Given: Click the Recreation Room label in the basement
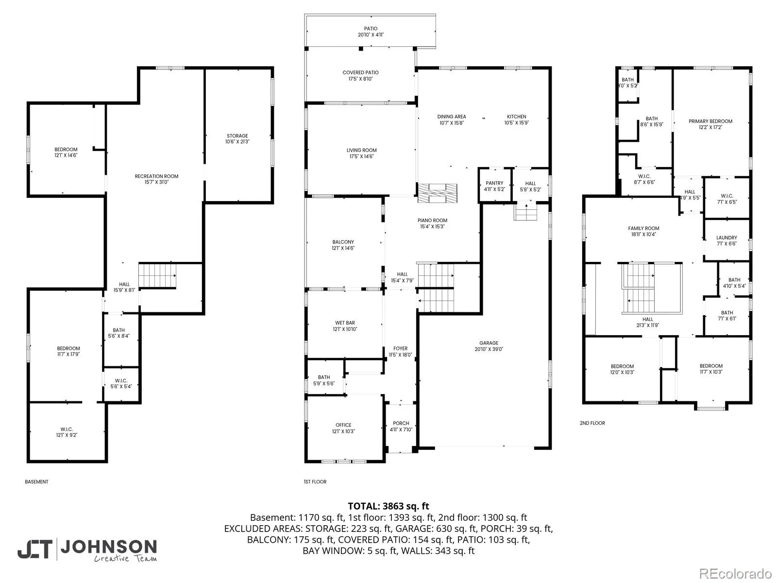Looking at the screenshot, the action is [156, 179].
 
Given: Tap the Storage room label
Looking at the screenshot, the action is [237, 138].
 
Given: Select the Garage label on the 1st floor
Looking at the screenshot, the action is [489, 346].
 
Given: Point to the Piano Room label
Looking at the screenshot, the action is [432, 223].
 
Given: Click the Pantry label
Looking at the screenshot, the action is [494, 186].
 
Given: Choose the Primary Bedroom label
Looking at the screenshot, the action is [710, 124].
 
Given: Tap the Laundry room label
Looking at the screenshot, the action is [726, 240].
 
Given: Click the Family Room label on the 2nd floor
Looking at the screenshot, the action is [643, 231].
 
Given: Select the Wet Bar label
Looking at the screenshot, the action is [345, 326].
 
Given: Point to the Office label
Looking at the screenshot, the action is [343, 428].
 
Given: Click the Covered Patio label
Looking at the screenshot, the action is [360, 75].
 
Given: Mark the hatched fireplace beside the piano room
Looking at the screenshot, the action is [437, 193].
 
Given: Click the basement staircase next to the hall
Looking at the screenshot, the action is [157, 276].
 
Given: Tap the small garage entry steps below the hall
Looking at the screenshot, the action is [525, 212].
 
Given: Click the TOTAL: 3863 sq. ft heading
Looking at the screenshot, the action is [388, 506].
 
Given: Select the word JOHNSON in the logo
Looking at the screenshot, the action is [109, 547].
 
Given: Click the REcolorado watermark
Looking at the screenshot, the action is [735, 573].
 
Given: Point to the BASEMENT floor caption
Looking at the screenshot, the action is [36, 482].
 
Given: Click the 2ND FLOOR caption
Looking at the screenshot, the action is [592, 423].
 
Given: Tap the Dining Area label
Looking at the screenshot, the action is [451, 120].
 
